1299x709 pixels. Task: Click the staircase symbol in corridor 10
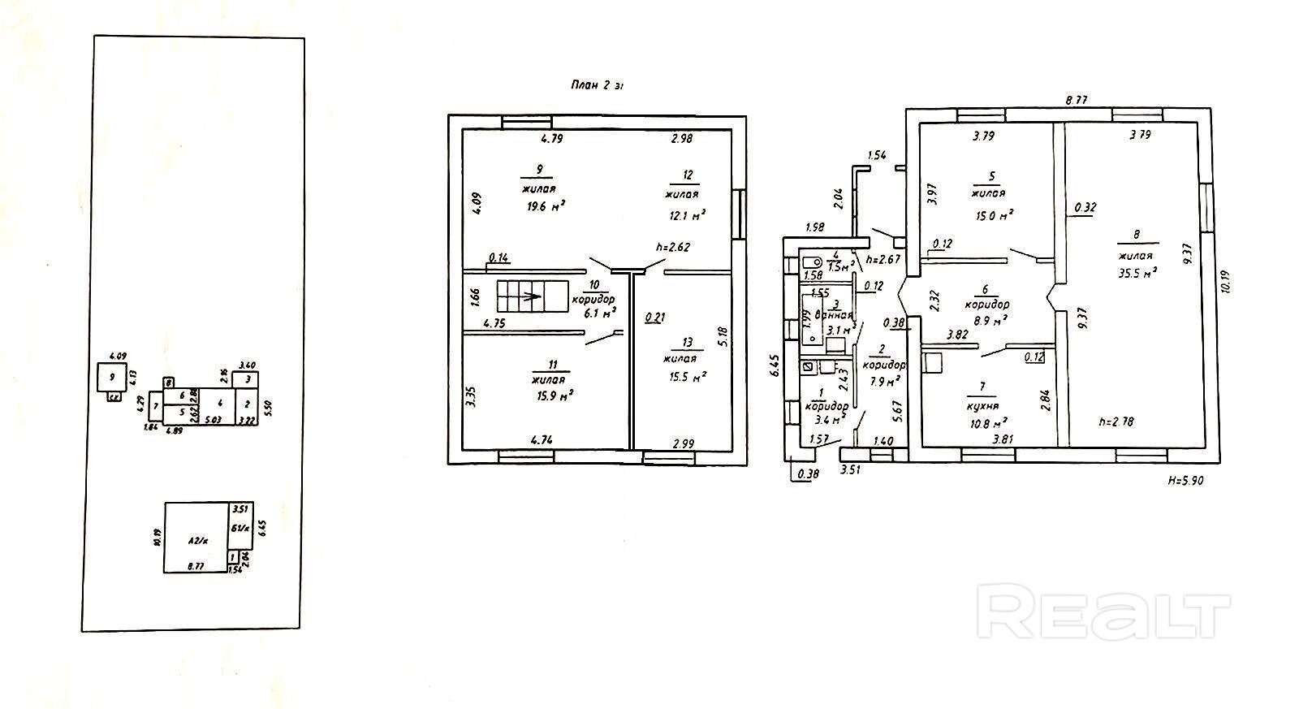pyautogui.click(x=532, y=296)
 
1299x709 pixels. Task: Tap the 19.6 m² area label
pyautogui.click(x=545, y=206)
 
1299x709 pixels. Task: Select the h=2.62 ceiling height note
pyautogui.click(x=673, y=248)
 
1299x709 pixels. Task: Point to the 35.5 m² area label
pyautogui.click(x=1137, y=273)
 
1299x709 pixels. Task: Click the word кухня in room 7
pyautogui.click(x=982, y=406)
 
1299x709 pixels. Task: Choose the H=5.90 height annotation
pyautogui.click(x=1185, y=480)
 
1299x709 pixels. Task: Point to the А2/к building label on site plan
pyautogui.click(x=198, y=539)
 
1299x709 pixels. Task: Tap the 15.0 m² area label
pyautogui.click(x=991, y=215)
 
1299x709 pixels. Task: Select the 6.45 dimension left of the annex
pyautogui.click(x=775, y=365)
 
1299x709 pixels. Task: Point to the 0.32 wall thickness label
pyautogui.click(x=1085, y=207)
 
